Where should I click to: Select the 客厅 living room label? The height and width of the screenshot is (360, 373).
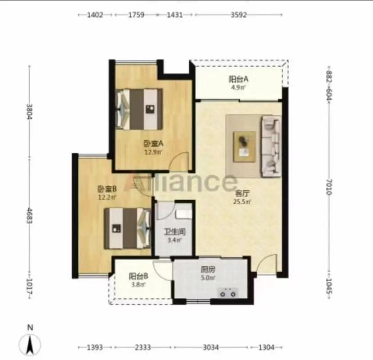coord(242,193)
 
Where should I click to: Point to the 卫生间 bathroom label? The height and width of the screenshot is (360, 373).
coord(175,232)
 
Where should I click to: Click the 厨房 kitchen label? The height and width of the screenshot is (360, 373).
coord(208,270)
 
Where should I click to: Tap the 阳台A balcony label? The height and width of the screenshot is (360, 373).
coord(239,79)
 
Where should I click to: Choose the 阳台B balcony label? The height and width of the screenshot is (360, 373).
coord(138,276)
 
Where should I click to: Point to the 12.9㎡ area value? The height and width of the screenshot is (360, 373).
coord(153,152)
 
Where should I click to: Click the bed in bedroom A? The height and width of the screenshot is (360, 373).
coord(140,109)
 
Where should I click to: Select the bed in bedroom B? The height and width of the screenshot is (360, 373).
coord(127,229)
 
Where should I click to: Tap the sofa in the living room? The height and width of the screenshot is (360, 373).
coord(271,147)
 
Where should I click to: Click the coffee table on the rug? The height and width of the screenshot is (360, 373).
coord(245,147)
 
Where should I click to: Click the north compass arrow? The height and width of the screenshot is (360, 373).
coord(30,344)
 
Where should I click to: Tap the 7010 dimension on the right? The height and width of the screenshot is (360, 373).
coord(329,187)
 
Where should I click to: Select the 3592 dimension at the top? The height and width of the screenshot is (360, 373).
coord(239,15)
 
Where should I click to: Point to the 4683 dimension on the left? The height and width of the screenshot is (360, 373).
coord(29,216)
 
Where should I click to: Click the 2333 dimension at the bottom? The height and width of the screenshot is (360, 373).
coord(143,347)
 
